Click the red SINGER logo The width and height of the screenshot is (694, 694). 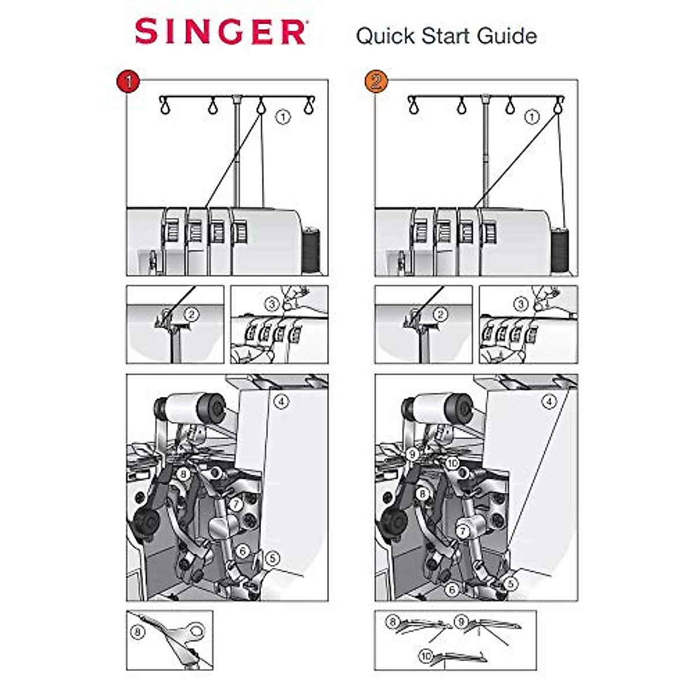coord(220,32)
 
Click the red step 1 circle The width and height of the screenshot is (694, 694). coord(128,80)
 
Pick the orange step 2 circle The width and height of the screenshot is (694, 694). coord(376,80)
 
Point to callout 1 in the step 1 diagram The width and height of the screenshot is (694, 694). coord(282,117)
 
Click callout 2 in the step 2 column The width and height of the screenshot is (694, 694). coord(440,315)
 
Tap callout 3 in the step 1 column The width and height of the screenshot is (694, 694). coord(273,304)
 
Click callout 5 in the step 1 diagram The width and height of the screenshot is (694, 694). coord(272,559)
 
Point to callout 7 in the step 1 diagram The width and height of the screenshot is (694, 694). coord(235,504)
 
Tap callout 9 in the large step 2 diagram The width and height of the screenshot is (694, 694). coord(412,455)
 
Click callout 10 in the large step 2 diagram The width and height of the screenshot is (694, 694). coord(452,463)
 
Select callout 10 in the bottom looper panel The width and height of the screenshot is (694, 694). coord(426,656)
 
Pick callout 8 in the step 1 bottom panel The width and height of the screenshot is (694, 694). coord(137,632)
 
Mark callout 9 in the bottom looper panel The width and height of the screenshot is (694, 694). coord(461,622)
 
